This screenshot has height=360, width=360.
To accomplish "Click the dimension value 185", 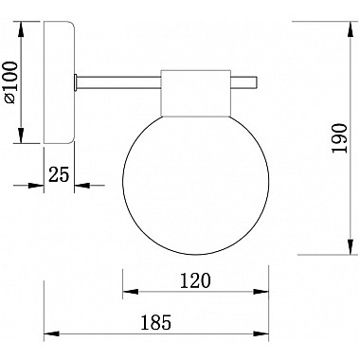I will (x=157, y=322).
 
